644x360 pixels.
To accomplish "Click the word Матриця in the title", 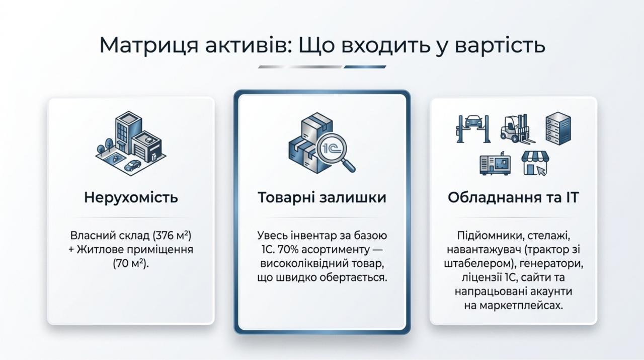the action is (149, 45).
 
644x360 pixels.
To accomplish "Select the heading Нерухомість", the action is (131, 198).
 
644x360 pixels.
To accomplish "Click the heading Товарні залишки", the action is (322, 198).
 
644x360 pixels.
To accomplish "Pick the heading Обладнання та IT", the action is (513, 198).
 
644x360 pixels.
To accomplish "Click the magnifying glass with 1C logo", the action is (336, 153).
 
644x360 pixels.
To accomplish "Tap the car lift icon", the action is (473, 129).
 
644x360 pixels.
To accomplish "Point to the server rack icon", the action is (558, 128).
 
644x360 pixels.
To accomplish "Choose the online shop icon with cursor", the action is (535, 163).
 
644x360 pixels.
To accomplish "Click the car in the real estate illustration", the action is (132, 166).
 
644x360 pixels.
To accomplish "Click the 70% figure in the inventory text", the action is (288, 250).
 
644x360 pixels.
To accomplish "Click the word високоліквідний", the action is (305, 264).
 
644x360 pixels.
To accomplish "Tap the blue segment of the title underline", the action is (365, 67).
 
